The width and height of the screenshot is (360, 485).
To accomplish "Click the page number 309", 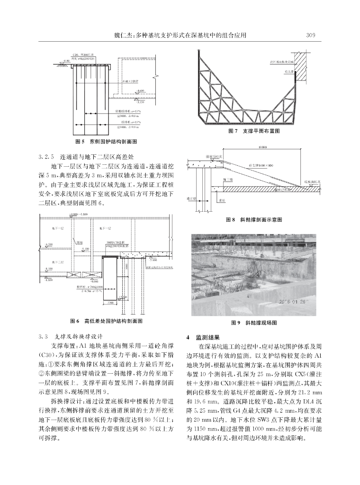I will coord(311,35).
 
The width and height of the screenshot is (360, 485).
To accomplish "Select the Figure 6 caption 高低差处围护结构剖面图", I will coord(106,321).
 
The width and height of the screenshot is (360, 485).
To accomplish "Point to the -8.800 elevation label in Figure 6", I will coord(48,280).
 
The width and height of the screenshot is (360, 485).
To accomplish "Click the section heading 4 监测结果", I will coord(203,337).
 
